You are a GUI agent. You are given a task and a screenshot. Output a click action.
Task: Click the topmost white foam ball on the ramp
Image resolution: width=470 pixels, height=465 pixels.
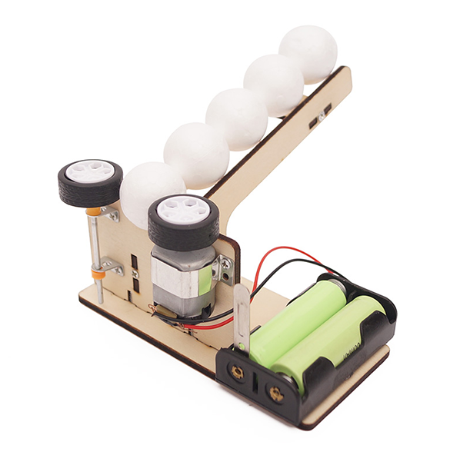point(308,54)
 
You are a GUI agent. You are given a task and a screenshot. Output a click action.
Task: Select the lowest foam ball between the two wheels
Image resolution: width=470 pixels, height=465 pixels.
point(150,192)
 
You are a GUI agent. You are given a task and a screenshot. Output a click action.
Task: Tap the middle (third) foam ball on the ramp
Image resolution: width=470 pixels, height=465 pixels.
point(237,119)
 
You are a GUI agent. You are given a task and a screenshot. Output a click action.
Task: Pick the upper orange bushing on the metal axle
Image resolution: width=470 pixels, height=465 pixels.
point(94,211)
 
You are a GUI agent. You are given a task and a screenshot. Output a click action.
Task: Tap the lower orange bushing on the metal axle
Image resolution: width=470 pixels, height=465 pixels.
point(98,272)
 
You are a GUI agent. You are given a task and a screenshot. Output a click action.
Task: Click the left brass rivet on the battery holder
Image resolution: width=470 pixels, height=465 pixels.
point(237,374)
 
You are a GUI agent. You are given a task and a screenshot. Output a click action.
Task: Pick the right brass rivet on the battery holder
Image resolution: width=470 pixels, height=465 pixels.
point(274,396)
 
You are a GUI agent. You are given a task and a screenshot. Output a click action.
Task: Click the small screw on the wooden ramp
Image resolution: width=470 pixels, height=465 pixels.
point(322,115)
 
